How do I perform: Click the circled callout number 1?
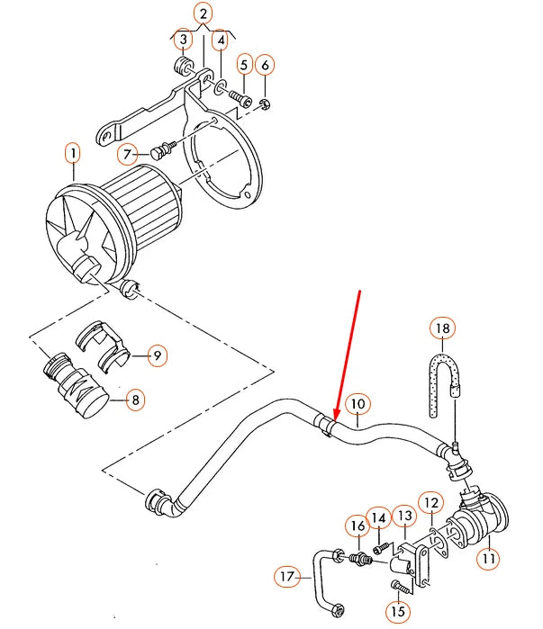[x=72, y=154]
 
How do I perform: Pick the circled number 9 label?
[x=156, y=356]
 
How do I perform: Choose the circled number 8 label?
[x=134, y=400]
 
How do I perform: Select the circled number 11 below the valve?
[x=488, y=559]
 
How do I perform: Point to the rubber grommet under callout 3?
[x=180, y=67]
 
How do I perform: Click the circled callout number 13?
[x=405, y=515]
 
